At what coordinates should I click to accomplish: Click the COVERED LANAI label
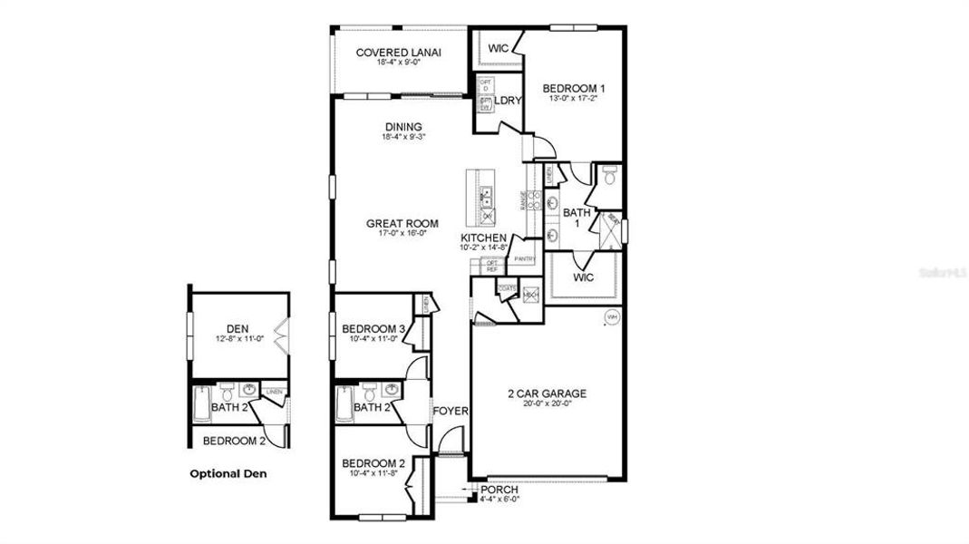[x=398, y=53]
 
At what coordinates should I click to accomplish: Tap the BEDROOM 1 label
[x=574, y=88]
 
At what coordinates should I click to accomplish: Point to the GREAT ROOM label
[x=402, y=223]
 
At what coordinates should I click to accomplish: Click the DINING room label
[x=403, y=127]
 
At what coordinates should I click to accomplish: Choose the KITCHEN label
[x=483, y=238]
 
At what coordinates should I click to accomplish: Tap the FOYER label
[x=451, y=411]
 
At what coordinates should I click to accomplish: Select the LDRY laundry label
[x=508, y=101]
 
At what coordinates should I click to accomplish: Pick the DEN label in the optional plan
[x=237, y=328]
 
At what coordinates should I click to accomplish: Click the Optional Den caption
[x=228, y=473]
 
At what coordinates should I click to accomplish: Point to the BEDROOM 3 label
[x=373, y=328]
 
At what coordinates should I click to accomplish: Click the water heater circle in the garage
[x=611, y=317]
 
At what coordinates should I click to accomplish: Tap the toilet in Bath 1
[x=609, y=179]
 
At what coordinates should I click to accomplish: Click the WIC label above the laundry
[x=498, y=48]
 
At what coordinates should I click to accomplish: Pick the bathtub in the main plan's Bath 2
[x=344, y=404]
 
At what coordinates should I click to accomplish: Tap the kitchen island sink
[x=486, y=192]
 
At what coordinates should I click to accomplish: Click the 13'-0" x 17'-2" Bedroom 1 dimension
[x=574, y=99]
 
